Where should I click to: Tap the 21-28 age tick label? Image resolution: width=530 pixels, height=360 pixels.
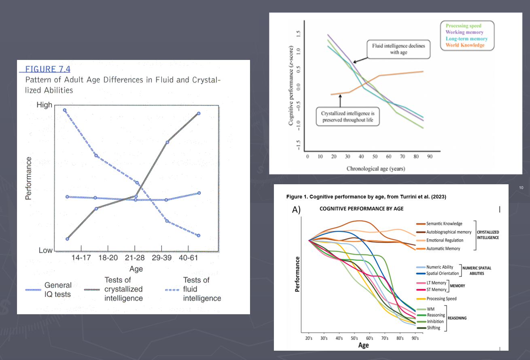point(135,258)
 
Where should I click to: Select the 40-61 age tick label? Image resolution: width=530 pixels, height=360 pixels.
point(189,258)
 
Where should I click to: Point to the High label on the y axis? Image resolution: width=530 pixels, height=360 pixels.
point(45,105)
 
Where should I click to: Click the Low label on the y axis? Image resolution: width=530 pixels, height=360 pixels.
point(46,250)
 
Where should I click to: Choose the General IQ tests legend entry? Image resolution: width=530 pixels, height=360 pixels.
point(58,290)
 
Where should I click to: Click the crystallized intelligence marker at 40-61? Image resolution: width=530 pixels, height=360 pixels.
point(199,113)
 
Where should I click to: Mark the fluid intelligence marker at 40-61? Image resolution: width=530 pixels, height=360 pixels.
point(199,235)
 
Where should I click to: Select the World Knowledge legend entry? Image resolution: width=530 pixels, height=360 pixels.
point(465,45)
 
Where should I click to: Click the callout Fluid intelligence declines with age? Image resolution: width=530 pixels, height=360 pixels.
point(399,49)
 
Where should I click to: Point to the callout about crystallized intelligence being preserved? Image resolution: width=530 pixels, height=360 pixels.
point(348,117)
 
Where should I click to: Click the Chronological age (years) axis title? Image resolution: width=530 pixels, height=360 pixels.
point(376,168)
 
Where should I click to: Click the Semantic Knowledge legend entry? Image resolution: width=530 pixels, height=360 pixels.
point(444,224)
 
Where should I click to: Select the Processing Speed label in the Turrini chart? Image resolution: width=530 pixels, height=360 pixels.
point(441,299)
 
